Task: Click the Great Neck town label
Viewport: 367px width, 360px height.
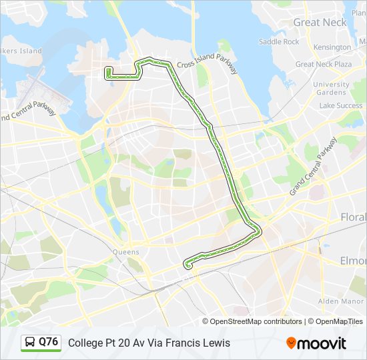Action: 320,22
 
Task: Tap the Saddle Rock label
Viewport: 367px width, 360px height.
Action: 279,41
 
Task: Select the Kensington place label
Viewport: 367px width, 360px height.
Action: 332,47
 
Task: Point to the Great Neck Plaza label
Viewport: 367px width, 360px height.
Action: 323,64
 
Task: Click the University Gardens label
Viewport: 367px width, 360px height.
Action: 330,89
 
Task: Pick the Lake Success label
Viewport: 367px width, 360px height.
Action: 340,105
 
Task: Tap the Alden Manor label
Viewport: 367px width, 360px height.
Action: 338,301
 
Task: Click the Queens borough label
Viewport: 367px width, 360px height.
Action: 125,252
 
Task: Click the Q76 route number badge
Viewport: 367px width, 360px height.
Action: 48,342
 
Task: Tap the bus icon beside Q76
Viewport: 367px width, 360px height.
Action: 30,343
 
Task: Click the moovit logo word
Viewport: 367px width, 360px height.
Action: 322,343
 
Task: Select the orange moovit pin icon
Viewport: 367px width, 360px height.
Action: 292,343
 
